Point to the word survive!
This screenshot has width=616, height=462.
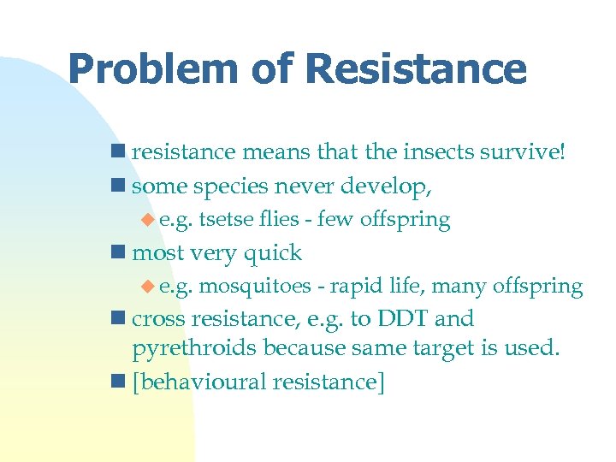pyautogui.click(x=525, y=152)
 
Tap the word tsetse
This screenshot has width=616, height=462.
pyautogui.click(x=228, y=220)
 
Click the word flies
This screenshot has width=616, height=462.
pyautogui.click(x=280, y=219)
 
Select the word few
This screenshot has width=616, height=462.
pyautogui.click(x=336, y=219)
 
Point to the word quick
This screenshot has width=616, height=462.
pyautogui.click(x=273, y=253)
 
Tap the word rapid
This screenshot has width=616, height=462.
pyautogui.click(x=357, y=287)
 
